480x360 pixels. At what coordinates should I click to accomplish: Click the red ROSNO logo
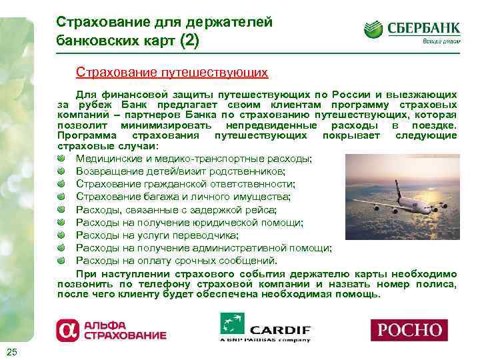point(409,329)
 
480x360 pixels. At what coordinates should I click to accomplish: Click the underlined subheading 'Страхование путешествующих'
point(171,71)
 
